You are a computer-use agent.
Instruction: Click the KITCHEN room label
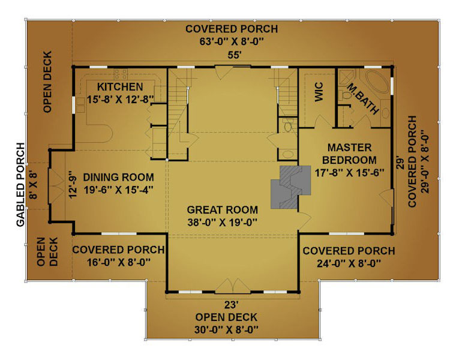(120, 87)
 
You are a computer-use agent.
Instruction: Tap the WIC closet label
(319, 92)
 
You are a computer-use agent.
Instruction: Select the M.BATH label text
(363, 99)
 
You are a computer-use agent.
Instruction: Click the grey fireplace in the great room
(290, 187)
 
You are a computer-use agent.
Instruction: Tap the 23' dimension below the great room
(232, 305)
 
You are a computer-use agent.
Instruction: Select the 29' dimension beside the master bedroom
(400, 163)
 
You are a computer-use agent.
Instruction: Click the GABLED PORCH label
(20, 185)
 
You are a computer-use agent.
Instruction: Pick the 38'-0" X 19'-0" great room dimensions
(222, 223)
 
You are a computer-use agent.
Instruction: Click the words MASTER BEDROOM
(349, 154)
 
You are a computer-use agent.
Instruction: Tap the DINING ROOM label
(119, 178)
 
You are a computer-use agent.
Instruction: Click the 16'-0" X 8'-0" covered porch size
(119, 262)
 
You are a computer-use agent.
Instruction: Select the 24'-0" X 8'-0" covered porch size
(349, 263)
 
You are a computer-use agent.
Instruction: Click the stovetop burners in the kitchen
(121, 74)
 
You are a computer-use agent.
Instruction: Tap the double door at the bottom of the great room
(233, 286)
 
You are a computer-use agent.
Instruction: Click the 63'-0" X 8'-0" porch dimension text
(232, 42)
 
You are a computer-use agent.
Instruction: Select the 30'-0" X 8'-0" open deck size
(226, 330)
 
